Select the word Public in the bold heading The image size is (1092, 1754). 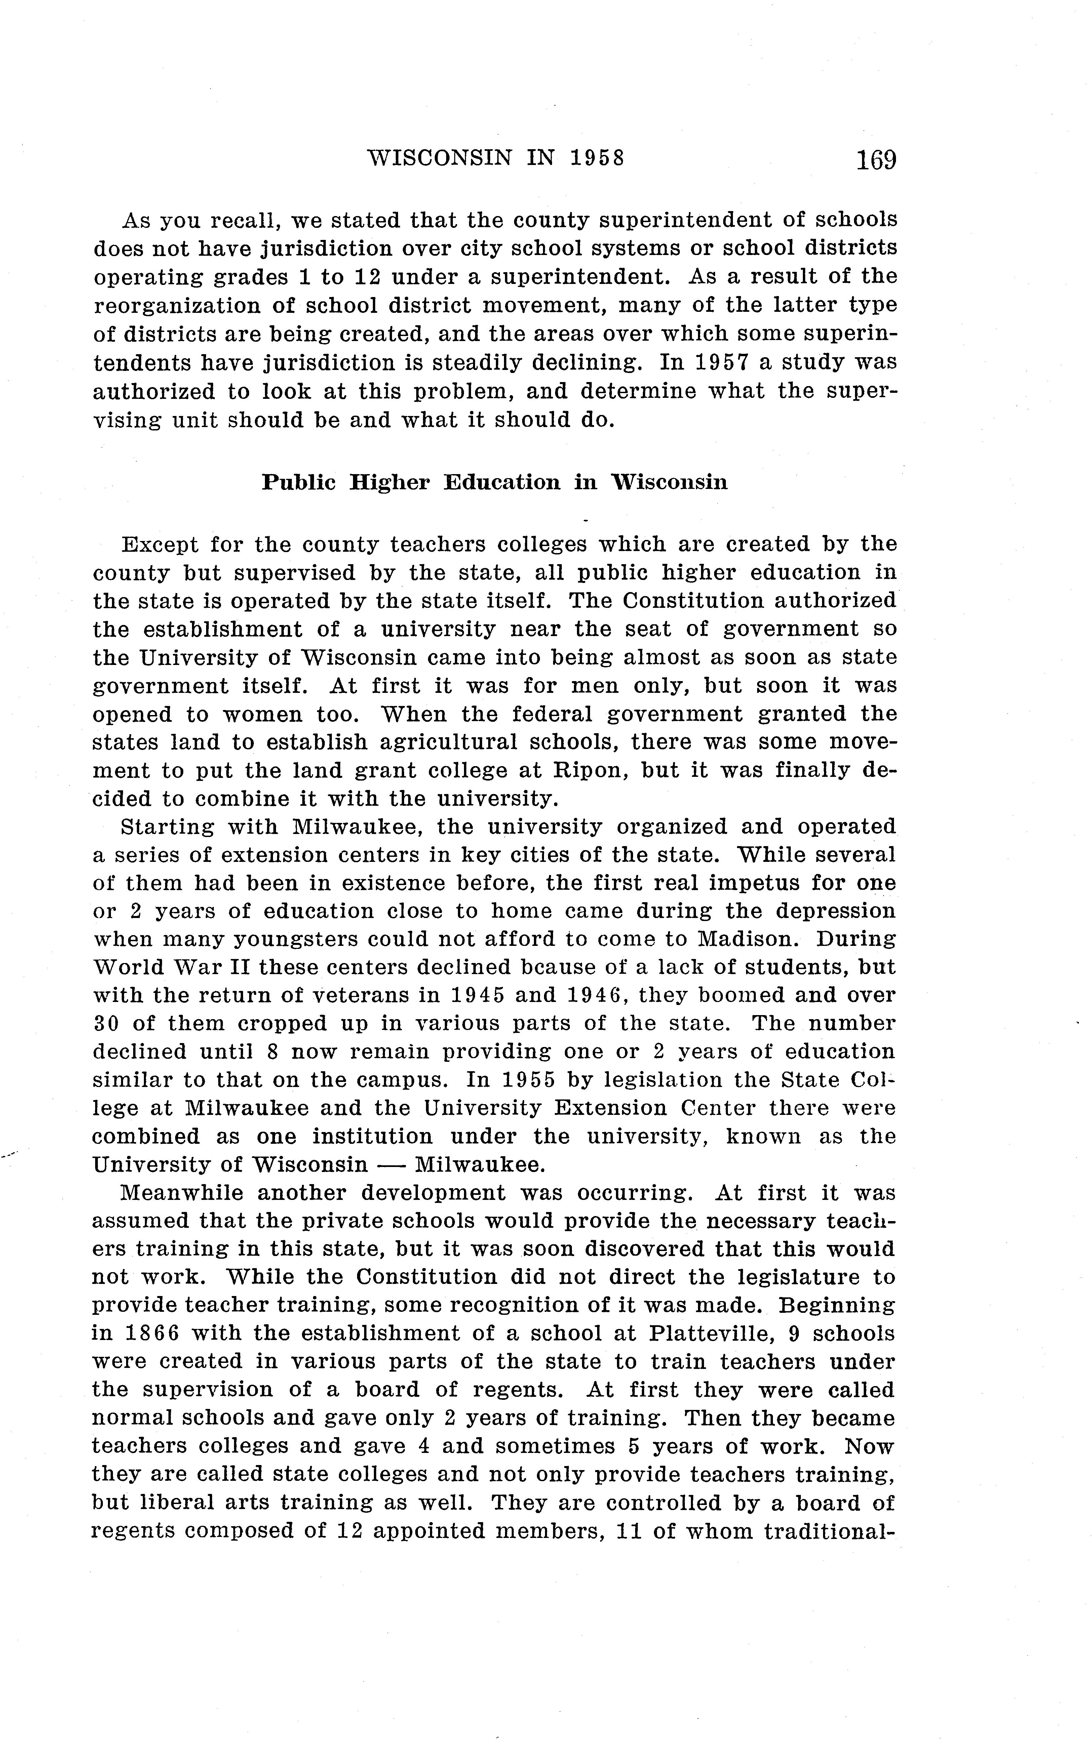click(298, 482)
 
